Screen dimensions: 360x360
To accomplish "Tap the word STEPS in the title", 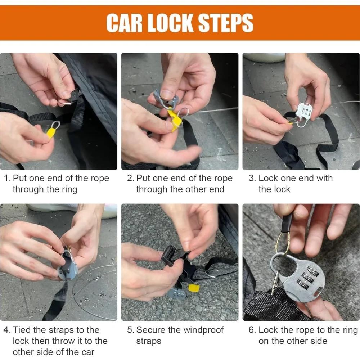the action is click(x=225, y=23).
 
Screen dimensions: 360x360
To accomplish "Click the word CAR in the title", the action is click(x=124, y=23).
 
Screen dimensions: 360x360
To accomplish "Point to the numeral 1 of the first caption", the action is click(x=6, y=179).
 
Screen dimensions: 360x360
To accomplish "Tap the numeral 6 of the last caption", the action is click(x=251, y=330).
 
